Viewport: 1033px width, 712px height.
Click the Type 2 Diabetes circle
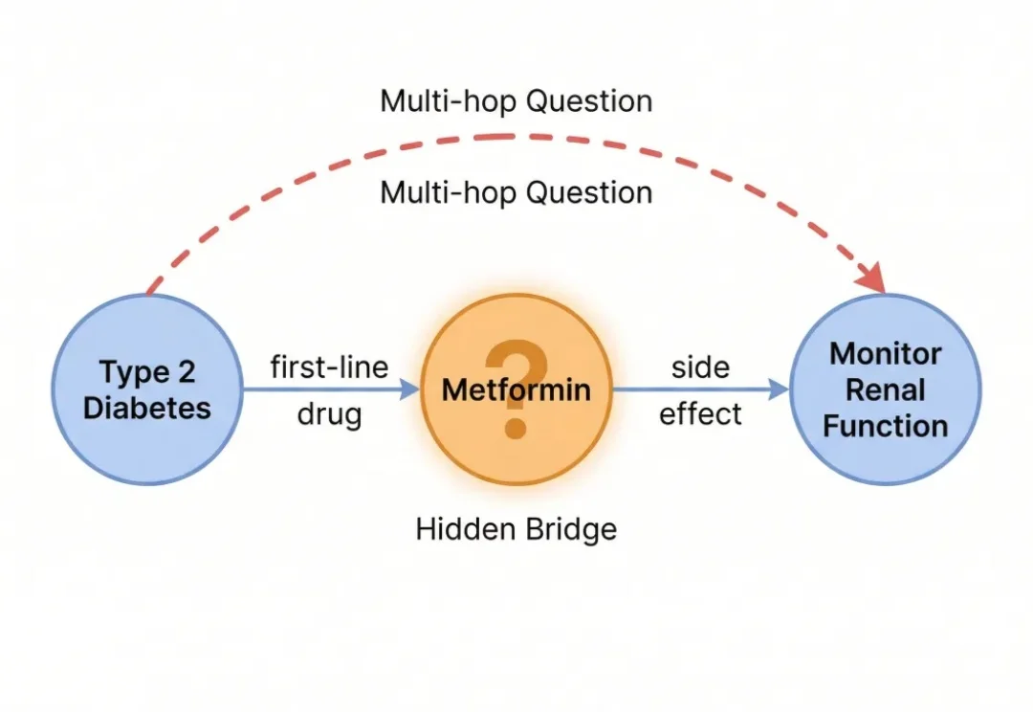[x=146, y=389]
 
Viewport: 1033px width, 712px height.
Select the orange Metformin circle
[x=516, y=389]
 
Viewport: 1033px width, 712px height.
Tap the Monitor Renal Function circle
[x=886, y=389]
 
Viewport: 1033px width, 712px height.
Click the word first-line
[x=329, y=367]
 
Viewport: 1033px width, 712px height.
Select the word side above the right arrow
[x=700, y=367]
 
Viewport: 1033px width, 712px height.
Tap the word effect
[x=700, y=414]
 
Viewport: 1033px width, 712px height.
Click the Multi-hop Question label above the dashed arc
[x=516, y=101]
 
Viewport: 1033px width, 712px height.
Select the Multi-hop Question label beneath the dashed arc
[x=516, y=192]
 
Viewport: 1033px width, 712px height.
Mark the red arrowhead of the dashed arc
[x=872, y=278]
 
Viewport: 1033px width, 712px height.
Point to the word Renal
[x=886, y=389]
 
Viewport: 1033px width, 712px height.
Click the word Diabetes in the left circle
[x=146, y=408]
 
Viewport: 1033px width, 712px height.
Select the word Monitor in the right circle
[x=886, y=354]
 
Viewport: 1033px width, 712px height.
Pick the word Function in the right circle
[x=886, y=425]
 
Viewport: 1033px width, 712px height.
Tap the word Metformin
[x=516, y=390]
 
